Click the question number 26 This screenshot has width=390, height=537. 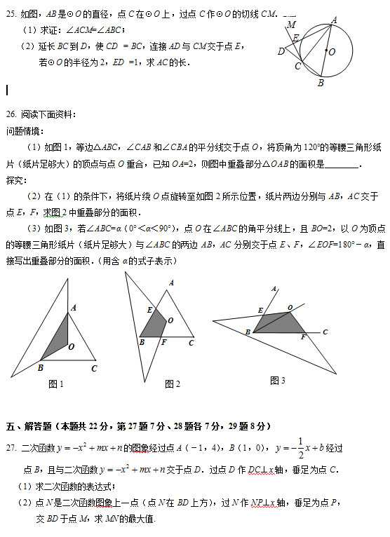11,114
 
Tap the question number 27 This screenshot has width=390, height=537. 11,449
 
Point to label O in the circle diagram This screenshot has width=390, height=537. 331,52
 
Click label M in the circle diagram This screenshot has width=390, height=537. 291,25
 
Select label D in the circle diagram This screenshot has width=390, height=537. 281,51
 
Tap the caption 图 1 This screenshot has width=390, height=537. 55,384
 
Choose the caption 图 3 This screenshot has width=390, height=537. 278,381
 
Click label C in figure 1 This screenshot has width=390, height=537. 94,368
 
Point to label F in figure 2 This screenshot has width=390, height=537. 163,343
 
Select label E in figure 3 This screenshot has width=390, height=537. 260,310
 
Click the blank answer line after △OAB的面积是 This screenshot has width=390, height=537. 342,165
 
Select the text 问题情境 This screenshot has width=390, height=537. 24,131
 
